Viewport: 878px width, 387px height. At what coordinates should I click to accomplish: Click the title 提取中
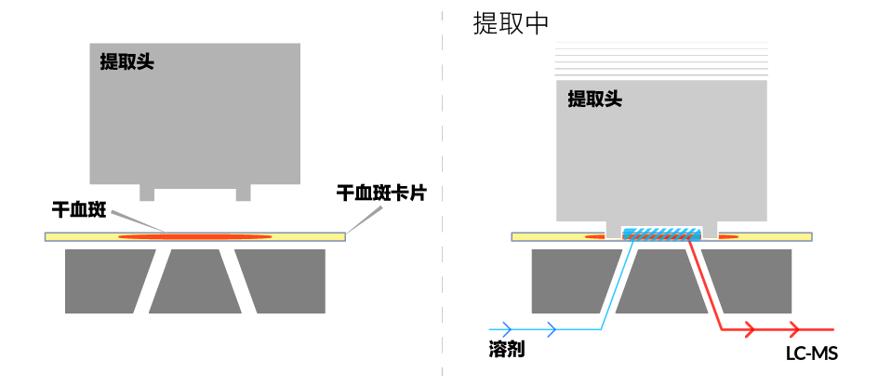click(x=512, y=22)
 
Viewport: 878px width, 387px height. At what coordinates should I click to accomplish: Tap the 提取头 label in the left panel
click(x=127, y=62)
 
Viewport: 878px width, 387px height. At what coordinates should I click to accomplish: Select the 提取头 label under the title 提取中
click(x=594, y=98)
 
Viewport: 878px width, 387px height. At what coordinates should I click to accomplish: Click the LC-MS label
click(x=811, y=354)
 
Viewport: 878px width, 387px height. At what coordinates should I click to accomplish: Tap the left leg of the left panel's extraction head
click(x=147, y=192)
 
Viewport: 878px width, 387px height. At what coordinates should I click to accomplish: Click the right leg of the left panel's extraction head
click(x=244, y=192)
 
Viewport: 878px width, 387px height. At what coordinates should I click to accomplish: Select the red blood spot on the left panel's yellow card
click(x=195, y=237)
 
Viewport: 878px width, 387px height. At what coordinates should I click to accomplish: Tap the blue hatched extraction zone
click(x=661, y=234)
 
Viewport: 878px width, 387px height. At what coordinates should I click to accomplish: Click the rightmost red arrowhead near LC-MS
click(x=795, y=329)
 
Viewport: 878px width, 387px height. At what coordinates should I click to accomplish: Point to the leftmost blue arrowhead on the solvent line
click(x=507, y=328)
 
